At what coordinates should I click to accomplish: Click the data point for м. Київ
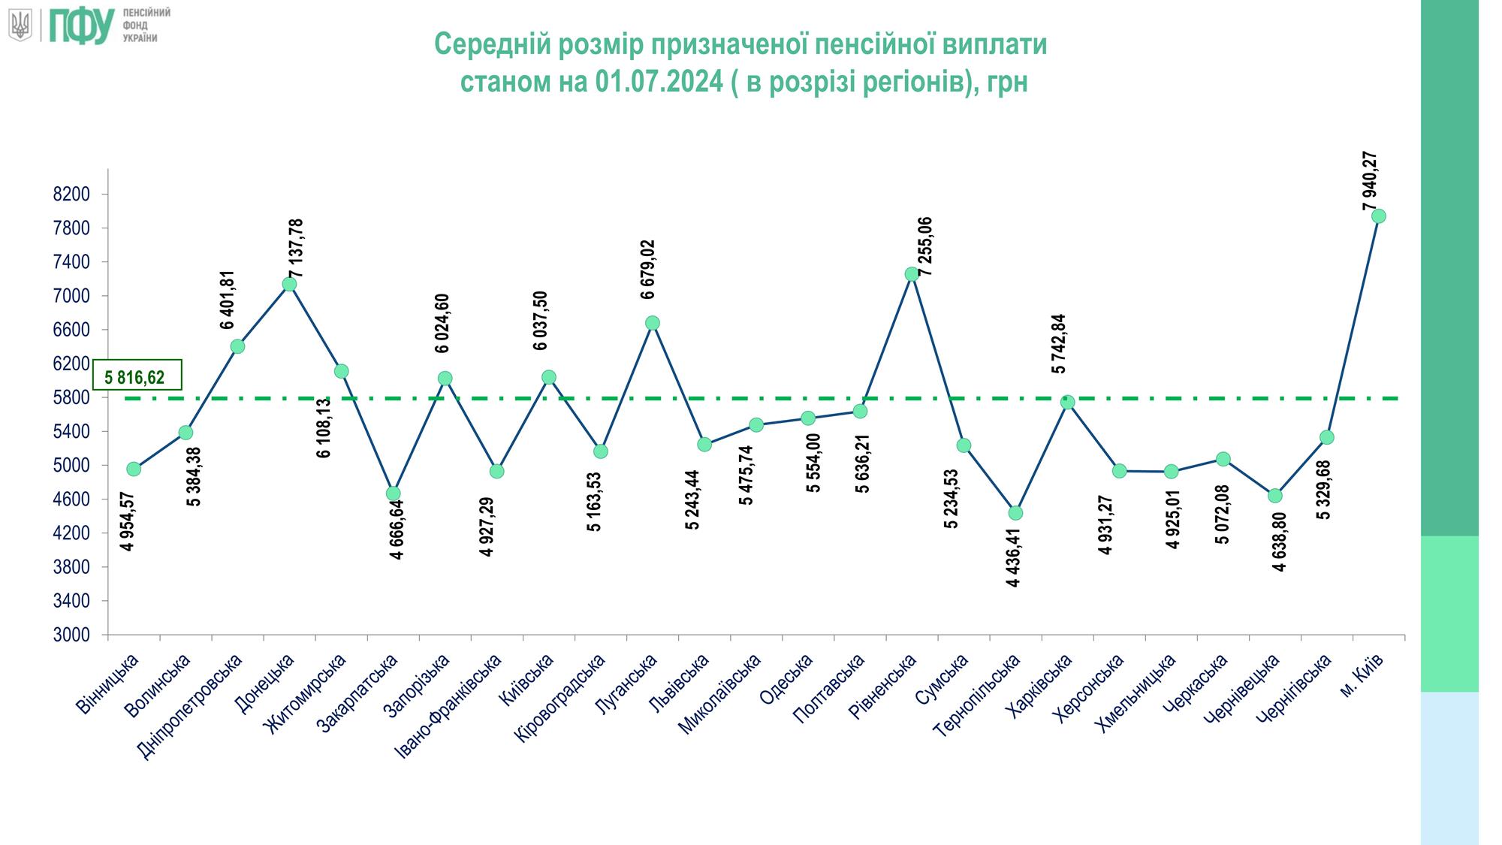pos(1379,216)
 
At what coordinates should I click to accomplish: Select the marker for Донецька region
pos(289,284)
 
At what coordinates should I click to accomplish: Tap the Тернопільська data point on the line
pos(1015,513)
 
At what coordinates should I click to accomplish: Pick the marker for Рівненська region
pos(912,274)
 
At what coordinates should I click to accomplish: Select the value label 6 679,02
pos(648,270)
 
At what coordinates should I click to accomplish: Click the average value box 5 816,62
pos(136,376)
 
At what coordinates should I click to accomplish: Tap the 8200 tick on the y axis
pos(72,195)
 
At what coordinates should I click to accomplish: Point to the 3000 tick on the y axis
pos(72,635)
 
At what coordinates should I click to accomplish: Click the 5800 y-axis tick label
pos(72,398)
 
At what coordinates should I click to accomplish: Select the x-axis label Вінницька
pos(110,684)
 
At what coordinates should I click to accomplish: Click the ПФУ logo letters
pos(82,26)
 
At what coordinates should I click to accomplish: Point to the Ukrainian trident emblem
pos(20,26)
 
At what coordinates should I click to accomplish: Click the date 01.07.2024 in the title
pos(659,81)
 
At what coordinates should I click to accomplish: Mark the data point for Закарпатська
pos(394,493)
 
